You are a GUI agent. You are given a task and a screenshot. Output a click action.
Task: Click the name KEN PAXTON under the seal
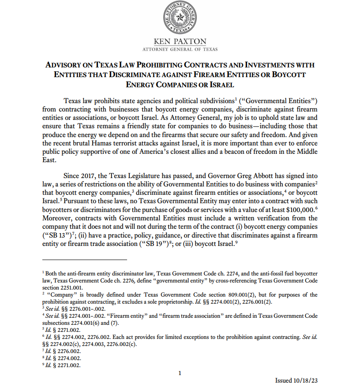(180, 42)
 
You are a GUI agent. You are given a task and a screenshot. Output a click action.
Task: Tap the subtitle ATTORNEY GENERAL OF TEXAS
(180, 49)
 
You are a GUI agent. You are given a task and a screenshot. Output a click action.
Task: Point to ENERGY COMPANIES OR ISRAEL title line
(180, 85)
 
